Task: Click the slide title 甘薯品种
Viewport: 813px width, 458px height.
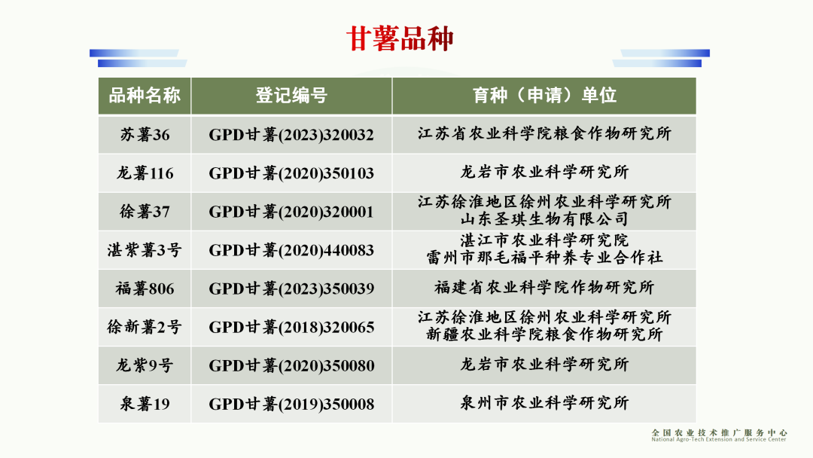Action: pyautogui.click(x=400, y=38)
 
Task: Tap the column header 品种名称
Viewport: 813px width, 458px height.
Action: pyautogui.click(x=145, y=96)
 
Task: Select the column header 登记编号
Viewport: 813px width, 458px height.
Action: pyautogui.click(x=291, y=96)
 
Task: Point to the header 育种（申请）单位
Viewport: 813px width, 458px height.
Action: pyautogui.click(x=544, y=96)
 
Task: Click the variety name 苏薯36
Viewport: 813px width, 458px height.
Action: pyautogui.click(x=145, y=135)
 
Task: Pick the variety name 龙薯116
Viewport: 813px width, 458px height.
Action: pyautogui.click(x=145, y=173)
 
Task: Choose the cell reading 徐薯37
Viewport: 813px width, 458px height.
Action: pyautogui.click(x=145, y=212)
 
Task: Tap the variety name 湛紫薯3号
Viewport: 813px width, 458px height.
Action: pyautogui.click(x=145, y=250)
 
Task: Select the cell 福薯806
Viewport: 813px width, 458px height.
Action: pyautogui.click(x=145, y=289)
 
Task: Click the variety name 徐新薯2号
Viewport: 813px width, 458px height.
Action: pyautogui.click(x=145, y=327)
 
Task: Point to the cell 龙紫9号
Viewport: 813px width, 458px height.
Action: pyautogui.click(x=145, y=365)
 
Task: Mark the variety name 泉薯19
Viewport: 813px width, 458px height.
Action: pyautogui.click(x=145, y=404)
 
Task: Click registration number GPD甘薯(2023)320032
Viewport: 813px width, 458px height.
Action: pyautogui.click(x=291, y=135)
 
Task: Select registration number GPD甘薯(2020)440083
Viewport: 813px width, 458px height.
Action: pyautogui.click(x=291, y=250)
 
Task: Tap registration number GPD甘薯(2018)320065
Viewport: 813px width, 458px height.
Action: pyautogui.click(x=291, y=327)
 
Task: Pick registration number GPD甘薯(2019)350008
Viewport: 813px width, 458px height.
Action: pyautogui.click(x=291, y=404)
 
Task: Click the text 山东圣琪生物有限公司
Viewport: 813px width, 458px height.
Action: pyautogui.click(x=544, y=219)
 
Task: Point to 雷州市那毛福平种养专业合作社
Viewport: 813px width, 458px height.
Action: pyautogui.click(x=544, y=258)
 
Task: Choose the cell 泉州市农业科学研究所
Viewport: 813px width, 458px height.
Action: pyautogui.click(x=544, y=403)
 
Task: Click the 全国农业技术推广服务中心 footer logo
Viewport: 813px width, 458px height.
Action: pyautogui.click(x=719, y=435)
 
